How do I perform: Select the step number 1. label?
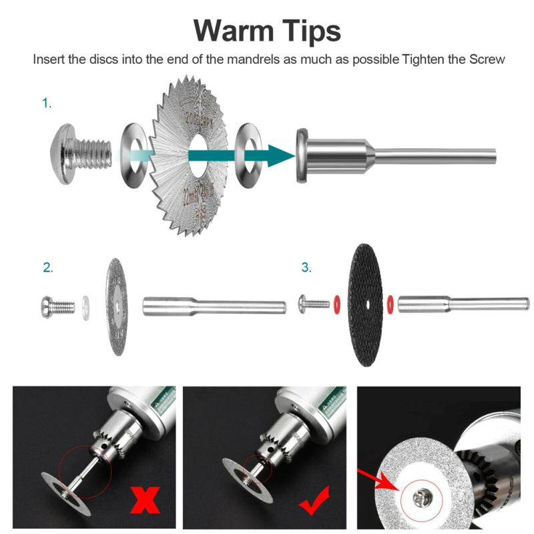[47, 103]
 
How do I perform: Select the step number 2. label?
[48, 268]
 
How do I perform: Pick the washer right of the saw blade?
[249, 155]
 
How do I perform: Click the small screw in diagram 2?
[56, 307]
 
